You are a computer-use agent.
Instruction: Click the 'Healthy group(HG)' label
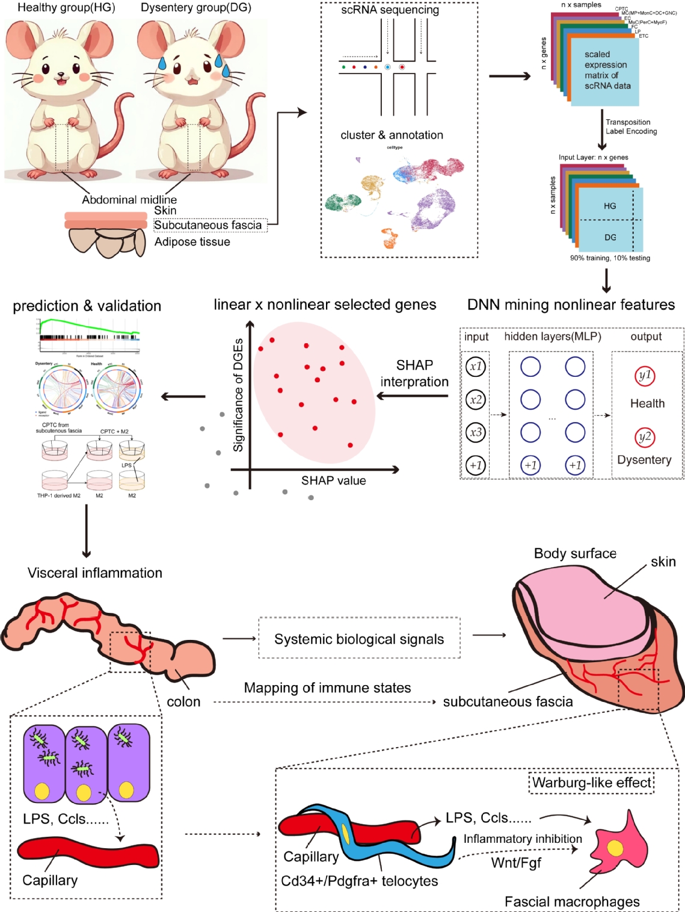(66, 8)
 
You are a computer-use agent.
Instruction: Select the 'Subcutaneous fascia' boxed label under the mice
(208, 225)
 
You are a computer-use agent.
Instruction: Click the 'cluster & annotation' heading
(392, 135)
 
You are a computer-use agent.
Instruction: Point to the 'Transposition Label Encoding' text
(631, 126)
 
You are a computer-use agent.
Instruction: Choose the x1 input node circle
(476, 366)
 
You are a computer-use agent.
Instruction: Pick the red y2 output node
(645, 437)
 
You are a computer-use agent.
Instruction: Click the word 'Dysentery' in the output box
(644, 459)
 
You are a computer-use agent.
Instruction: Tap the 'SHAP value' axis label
(333, 480)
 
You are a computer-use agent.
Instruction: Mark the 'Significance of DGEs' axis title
(239, 395)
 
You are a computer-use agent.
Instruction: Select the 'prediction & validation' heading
(87, 306)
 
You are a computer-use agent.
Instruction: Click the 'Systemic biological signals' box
(359, 639)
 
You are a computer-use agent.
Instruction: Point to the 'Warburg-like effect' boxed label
(592, 783)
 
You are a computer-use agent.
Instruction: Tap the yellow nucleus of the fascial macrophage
(615, 848)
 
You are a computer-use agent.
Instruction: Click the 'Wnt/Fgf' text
(516, 863)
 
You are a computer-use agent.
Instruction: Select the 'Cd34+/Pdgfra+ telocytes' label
(359, 881)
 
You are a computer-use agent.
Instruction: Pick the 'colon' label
(183, 701)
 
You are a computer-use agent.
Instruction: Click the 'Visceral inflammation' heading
(95, 572)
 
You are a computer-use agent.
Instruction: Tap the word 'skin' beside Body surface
(663, 562)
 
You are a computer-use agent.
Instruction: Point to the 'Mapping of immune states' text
(327, 687)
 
